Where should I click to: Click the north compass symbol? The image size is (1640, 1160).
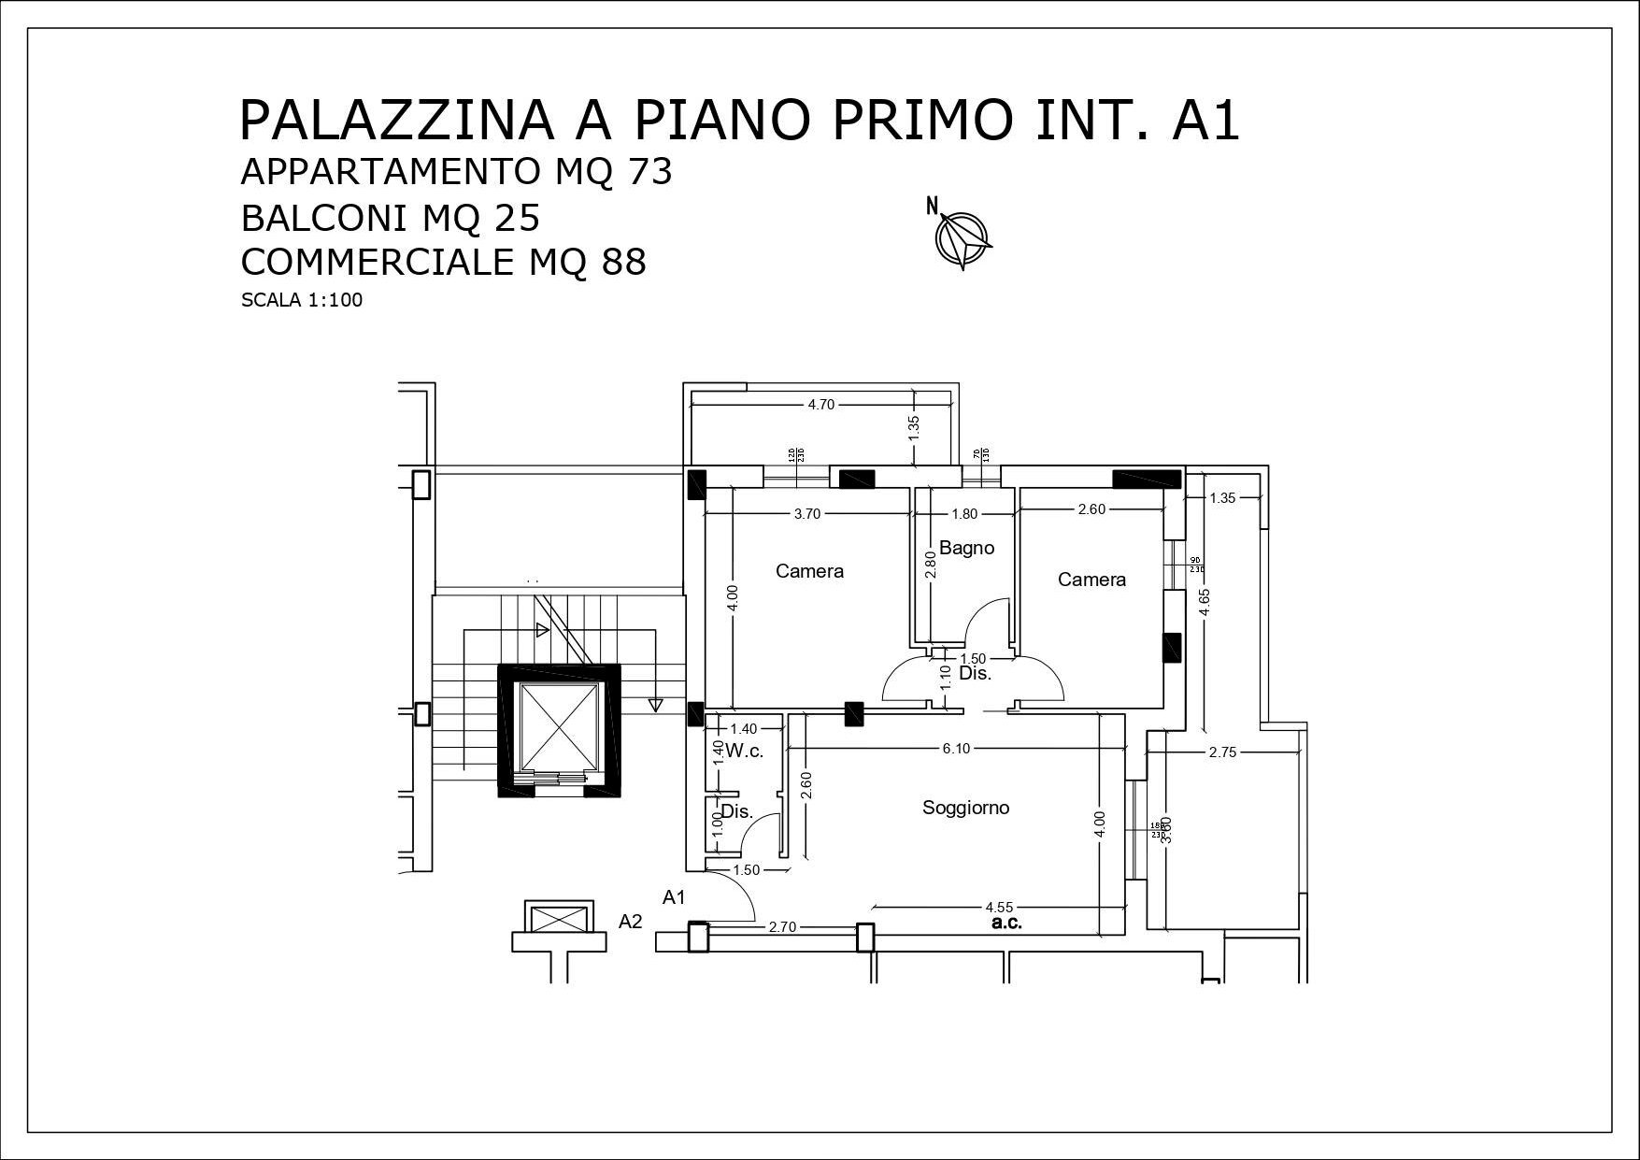[962, 236]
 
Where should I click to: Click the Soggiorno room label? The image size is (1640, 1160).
[965, 808]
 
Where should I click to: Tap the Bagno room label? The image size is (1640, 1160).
[966, 548]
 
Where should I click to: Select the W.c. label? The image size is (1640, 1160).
[745, 751]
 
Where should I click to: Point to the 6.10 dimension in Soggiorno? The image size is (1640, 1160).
[956, 749]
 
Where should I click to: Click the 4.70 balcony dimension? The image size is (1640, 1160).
[820, 405]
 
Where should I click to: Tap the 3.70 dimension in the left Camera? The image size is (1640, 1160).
[806, 513]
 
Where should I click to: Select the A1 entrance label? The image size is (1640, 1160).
[675, 897]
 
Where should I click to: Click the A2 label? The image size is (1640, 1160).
[631, 922]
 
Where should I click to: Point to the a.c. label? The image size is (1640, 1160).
[1005, 924]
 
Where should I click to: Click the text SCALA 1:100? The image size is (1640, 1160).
[301, 301]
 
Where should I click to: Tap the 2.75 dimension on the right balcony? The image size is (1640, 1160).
[1222, 752]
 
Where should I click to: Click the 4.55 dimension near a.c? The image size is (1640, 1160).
[999, 907]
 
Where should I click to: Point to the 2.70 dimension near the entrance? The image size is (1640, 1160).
[782, 927]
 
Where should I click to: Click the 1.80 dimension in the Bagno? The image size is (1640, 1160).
[964, 513]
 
